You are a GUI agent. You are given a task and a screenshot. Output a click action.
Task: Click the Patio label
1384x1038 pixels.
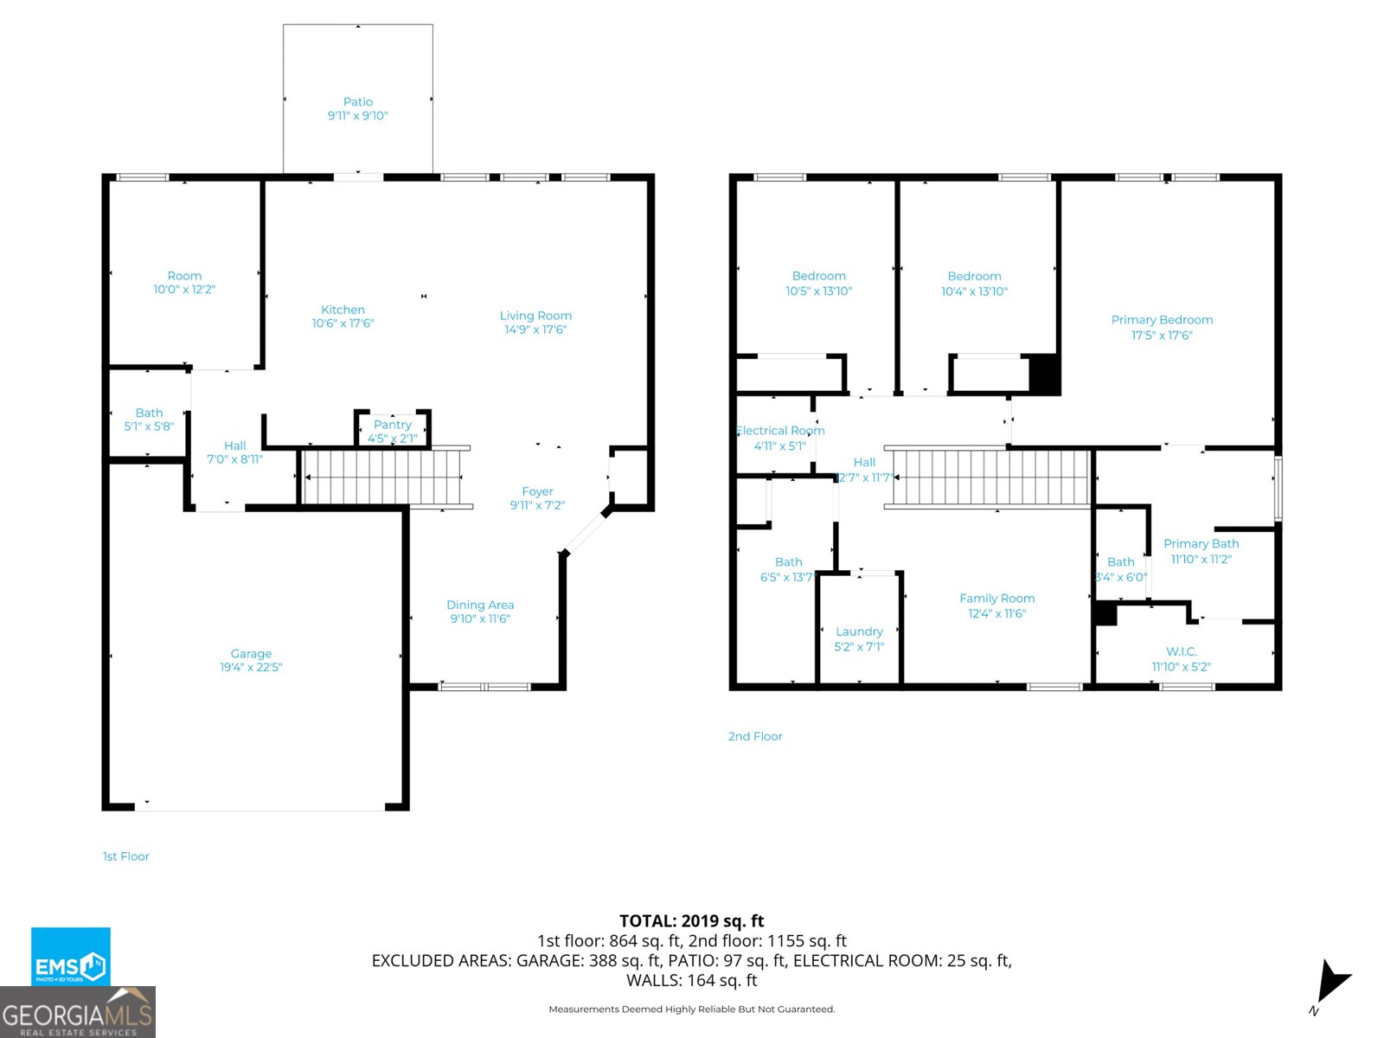click(357, 102)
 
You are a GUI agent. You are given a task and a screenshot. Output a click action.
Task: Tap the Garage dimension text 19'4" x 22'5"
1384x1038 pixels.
click(251, 668)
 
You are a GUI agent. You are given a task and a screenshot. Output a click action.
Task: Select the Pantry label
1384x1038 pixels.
click(393, 425)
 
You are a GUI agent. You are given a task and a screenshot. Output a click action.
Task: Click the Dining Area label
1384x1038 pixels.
click(480, 605)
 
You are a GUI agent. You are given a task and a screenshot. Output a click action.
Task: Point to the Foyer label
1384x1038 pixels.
click(537, 491)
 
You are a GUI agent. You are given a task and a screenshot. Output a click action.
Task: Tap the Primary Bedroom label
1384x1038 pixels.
click(1162, 320)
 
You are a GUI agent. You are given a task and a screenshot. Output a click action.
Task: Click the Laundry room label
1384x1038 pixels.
click(859, 631)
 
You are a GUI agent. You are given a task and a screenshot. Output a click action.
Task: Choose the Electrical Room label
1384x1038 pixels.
click(780, 431)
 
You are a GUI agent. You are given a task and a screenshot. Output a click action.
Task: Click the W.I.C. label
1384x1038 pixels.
click(1181, 651)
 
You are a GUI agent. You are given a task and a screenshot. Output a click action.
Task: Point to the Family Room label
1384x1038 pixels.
click(996, 599)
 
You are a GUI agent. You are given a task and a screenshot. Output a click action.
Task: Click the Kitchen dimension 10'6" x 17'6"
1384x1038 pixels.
click(343, 324)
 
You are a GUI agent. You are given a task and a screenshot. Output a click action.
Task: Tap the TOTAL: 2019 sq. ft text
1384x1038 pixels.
click(691, 921)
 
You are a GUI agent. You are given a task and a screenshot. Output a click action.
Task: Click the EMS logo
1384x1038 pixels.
click(71, 957)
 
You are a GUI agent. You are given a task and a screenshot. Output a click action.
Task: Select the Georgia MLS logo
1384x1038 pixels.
click(78, 1013)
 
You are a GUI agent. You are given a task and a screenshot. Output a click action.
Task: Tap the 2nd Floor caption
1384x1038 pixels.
click(754, 736)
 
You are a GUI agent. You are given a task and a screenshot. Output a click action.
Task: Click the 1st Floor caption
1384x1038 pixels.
click(126, 856)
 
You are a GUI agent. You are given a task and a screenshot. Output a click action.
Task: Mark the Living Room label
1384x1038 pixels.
click(535, 316)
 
